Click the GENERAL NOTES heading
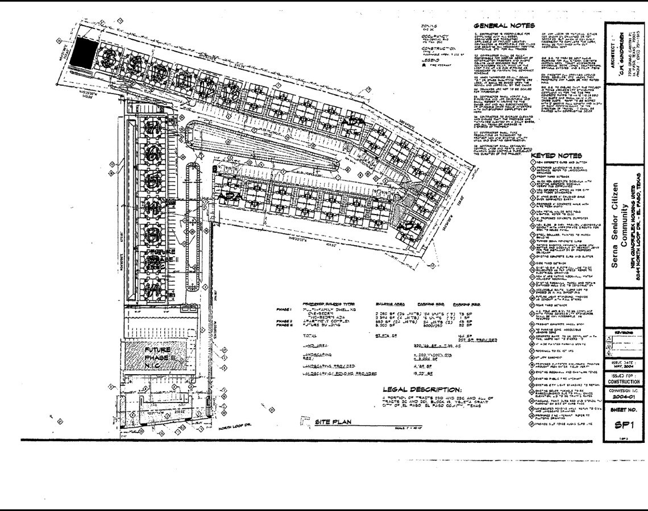point(504,26)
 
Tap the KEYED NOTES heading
point(556,156)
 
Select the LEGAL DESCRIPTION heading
point(422,389)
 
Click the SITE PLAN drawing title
point(333,422)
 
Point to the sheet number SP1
point(624,426)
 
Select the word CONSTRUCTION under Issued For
point(624,382)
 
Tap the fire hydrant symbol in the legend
point(424,66)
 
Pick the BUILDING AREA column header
point(390,304)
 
